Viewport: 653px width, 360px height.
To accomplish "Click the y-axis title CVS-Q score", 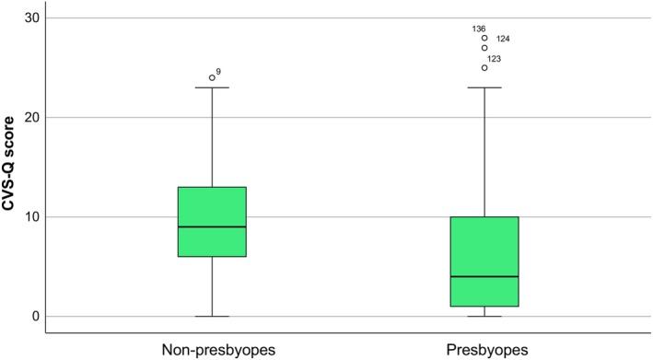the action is (8, 164).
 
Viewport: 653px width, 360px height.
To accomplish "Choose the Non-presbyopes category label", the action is (218, 350).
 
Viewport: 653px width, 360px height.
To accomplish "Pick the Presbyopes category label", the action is (487, 350).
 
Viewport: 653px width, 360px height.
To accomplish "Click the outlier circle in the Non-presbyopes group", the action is (212, 78).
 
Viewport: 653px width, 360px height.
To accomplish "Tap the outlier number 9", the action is (218, 72).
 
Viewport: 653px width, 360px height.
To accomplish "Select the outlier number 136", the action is (479, 29).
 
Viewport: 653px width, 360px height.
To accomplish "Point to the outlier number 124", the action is (503, 39).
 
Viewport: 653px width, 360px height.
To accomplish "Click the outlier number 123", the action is (495, 59).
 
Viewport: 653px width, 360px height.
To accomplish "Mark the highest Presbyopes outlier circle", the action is (484, 38).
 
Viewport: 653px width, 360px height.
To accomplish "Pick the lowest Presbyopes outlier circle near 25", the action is (484, 68).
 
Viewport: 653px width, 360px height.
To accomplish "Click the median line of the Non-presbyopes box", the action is (212, 226).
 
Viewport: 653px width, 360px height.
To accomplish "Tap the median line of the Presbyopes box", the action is (484, 276).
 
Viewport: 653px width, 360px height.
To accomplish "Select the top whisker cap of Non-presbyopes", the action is (212, 87).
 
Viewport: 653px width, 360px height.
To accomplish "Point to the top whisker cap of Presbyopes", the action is (484, 87).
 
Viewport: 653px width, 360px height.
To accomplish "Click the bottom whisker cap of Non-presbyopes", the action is (212, 317).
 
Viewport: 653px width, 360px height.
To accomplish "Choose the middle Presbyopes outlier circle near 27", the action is (484, 48).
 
